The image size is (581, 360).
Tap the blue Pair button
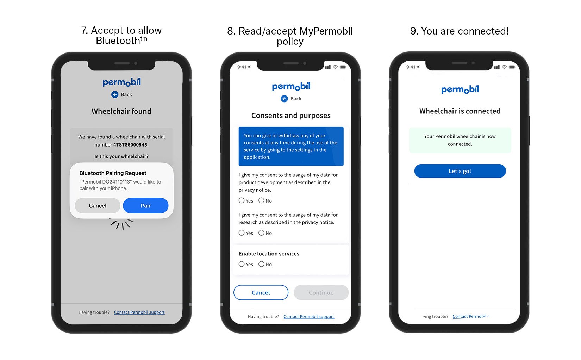pyautogui.click(x=145, y=206)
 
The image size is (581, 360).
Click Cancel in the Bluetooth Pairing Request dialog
pyautogui.click(x=98, y=206)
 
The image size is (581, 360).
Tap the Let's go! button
pyautogui.click(x=460, y=171)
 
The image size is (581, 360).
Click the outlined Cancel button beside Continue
pyautogui.click(x=261, y=293)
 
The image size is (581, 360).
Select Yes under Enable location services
pyautogui.click(x=242, y=264)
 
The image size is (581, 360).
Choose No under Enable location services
pyautogui.click(x=261, y=264)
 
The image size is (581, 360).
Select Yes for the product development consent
pyautogui.click(x=242, y=200)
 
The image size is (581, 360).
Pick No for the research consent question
pyautogui.click(x=261, y=233)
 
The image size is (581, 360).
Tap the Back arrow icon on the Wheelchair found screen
pyautogui.click(x=115, y=94)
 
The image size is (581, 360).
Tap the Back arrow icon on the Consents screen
pyautogui.click(x=284, y=99)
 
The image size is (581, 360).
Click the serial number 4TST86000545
pyautogui.click(x=130, y=145)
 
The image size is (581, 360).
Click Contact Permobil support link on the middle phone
pyautogui.click(x=309, y=317)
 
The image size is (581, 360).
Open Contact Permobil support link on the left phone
pyautogui.click(x=139, y=312)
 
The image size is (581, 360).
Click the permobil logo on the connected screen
pyautogui.click(x=460, y=89)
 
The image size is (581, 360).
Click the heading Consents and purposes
pyautogui.click(x=291, y=116)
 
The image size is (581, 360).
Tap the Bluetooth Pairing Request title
pyautogui.click(x=113, y=173)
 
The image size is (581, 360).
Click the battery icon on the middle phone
pyautogui.click(x=343, y=67)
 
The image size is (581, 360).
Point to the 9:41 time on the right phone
pyautogui.click(x=411, y=67)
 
